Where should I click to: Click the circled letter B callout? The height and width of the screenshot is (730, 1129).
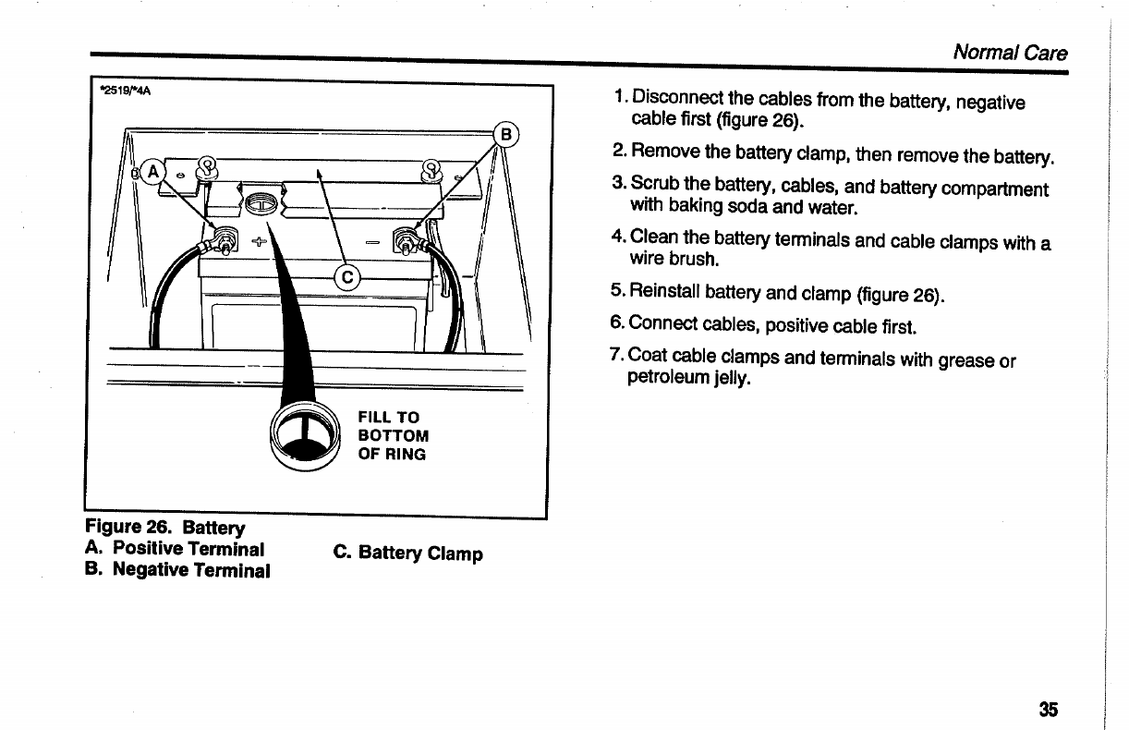click(x=507, y=134)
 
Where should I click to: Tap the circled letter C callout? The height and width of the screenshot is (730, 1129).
click(x=347, y=277)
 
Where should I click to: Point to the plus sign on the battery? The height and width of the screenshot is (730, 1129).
click(x=256, y=242)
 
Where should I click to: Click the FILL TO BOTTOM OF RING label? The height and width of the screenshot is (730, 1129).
click(x=393, y=435)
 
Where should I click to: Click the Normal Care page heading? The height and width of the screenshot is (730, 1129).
click(x=1010, y=53)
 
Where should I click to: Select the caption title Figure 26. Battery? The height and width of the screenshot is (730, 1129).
click(x=165, y=528)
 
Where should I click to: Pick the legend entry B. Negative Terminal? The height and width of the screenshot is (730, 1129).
click(x=177, y=569)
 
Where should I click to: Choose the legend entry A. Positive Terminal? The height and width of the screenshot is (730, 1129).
click(x=175, y=549)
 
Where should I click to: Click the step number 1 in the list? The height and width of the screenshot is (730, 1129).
click(x=621, y=97)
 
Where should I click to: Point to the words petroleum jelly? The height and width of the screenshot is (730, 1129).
click(x=687, y=378)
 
